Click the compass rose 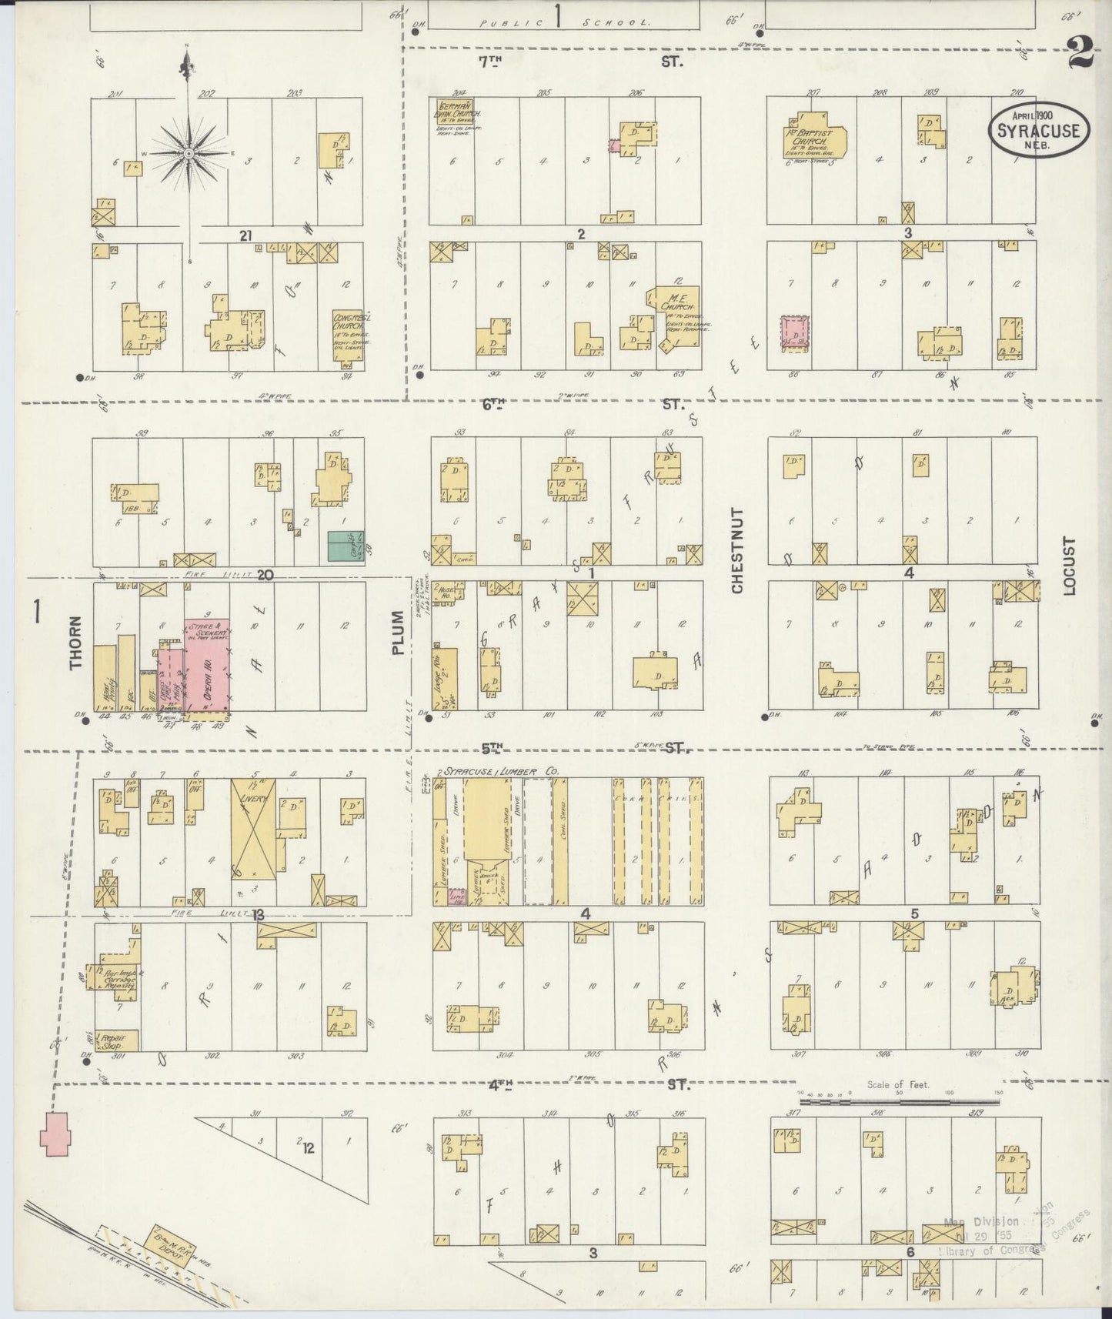pyautogui.click(x=187, y=154)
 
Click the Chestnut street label pyautogui.click(x=737, y=550)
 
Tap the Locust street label pyautogui.click(x=1069, y=566)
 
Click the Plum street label pyautogui.click(x=397, y=633)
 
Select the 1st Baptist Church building pyautogui.click(x=816, y=135)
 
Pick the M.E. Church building pyautogui.click(x=675, y=316)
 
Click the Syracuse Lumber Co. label pyautogui.click(x=500, y=771)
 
